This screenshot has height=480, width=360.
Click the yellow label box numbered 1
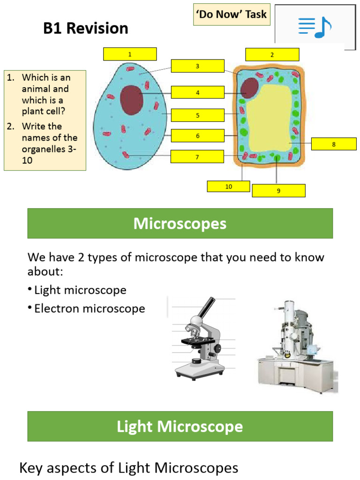(x=130, y=54)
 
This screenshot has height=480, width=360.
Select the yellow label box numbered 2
(x=272, y=54)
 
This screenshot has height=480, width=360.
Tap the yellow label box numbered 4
(x=197, y=92)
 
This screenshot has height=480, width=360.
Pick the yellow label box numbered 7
(x=197, y=157)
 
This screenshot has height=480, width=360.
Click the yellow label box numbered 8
(x=334, y=144)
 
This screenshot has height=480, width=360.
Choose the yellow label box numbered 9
(x=278, y=190)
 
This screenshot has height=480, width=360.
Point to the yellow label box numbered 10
(x=228, y=186)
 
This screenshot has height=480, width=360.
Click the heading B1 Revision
(x=86, y=29)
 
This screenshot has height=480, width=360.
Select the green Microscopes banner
(x=180, y=224)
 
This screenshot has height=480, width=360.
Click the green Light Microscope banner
(x=180, y=426)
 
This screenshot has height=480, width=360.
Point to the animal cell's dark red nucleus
(x=132, y=100)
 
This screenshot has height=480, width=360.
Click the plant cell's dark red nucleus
(x=250, y=89)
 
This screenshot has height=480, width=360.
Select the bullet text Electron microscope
(x=89, y=308)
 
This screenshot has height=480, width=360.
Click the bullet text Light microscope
(x=80, y=290)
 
